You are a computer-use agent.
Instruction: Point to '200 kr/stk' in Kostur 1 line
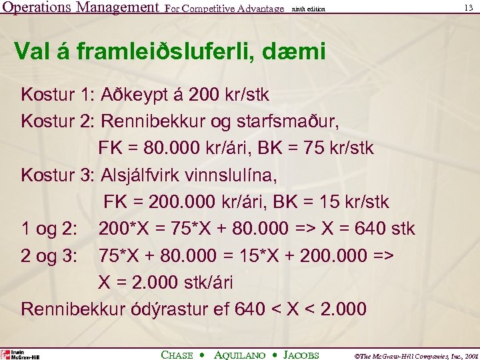pyautogui.click(x=229, y=95)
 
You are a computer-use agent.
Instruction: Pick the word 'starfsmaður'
pyautogui.click(x=300, y=121)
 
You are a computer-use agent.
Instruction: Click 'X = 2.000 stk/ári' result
pyautogui.click(x=165, y=283)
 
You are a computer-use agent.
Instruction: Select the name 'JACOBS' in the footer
pyautogui.click(x=301, y=355)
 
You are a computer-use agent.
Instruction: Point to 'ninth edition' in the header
pyautogui.click(x=309, y=9)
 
